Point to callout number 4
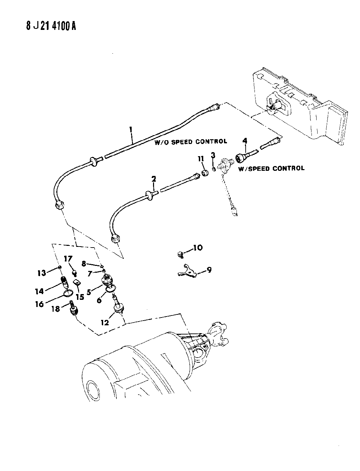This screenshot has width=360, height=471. pyautogui.click(x=244, y=141)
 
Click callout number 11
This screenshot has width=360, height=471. pyautogui.click(x=201, y=158)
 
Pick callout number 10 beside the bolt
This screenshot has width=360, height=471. pyautogui.click(x=197, y=248)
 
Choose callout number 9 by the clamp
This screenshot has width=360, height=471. pyautogui.click(x=209, y=270)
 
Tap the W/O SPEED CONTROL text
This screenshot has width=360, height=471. pyautogui.click(x=191, y=142)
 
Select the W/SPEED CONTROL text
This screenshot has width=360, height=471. pyautogui.click(x=271, y=168)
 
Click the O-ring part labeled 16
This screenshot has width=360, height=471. pyautogui.click(x=68, y=294)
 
